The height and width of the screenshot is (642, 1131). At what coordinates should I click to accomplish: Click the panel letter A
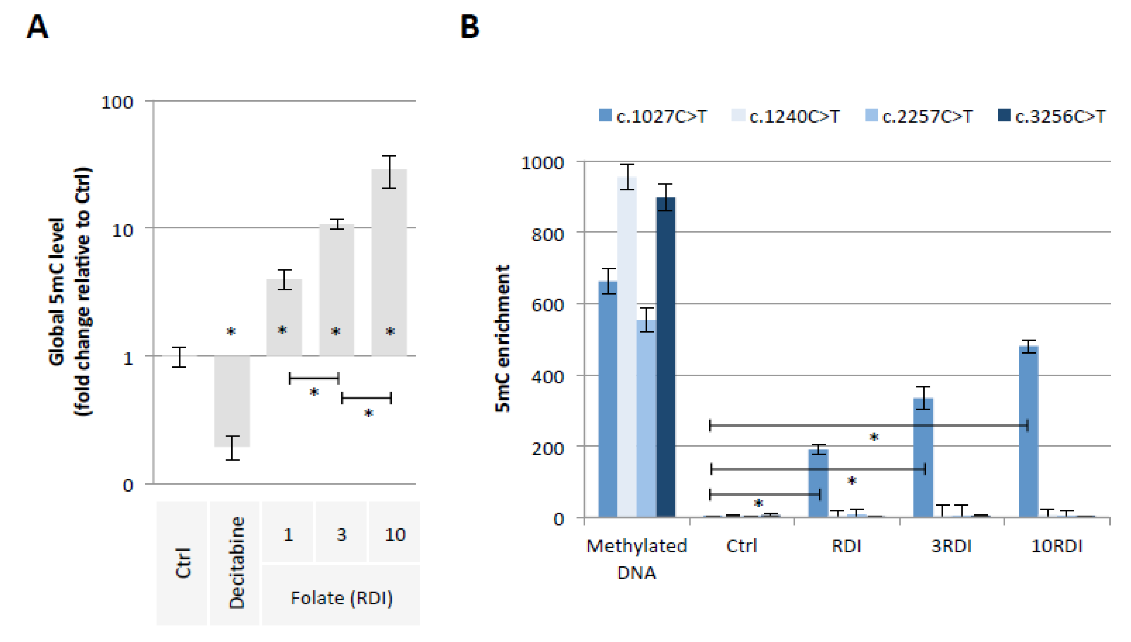tap(37, 27)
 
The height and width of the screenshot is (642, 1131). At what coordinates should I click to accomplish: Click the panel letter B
tap(469, 27)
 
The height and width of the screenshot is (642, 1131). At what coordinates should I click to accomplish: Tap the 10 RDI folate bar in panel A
tap(389, 263)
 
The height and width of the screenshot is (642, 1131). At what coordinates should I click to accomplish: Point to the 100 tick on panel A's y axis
tap(117, 102)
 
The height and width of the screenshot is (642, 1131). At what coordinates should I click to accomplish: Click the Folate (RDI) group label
tap(341, 598)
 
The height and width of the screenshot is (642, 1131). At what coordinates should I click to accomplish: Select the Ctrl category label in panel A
tap(183, 563)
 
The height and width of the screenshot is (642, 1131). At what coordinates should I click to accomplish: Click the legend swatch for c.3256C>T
tap(1004, 116)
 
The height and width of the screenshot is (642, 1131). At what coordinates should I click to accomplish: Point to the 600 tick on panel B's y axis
tap(547, 305)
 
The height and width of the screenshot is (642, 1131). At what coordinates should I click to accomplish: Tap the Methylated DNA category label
tap(636, 559)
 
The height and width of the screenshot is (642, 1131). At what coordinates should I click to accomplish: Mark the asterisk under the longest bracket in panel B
tap(874, 438)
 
